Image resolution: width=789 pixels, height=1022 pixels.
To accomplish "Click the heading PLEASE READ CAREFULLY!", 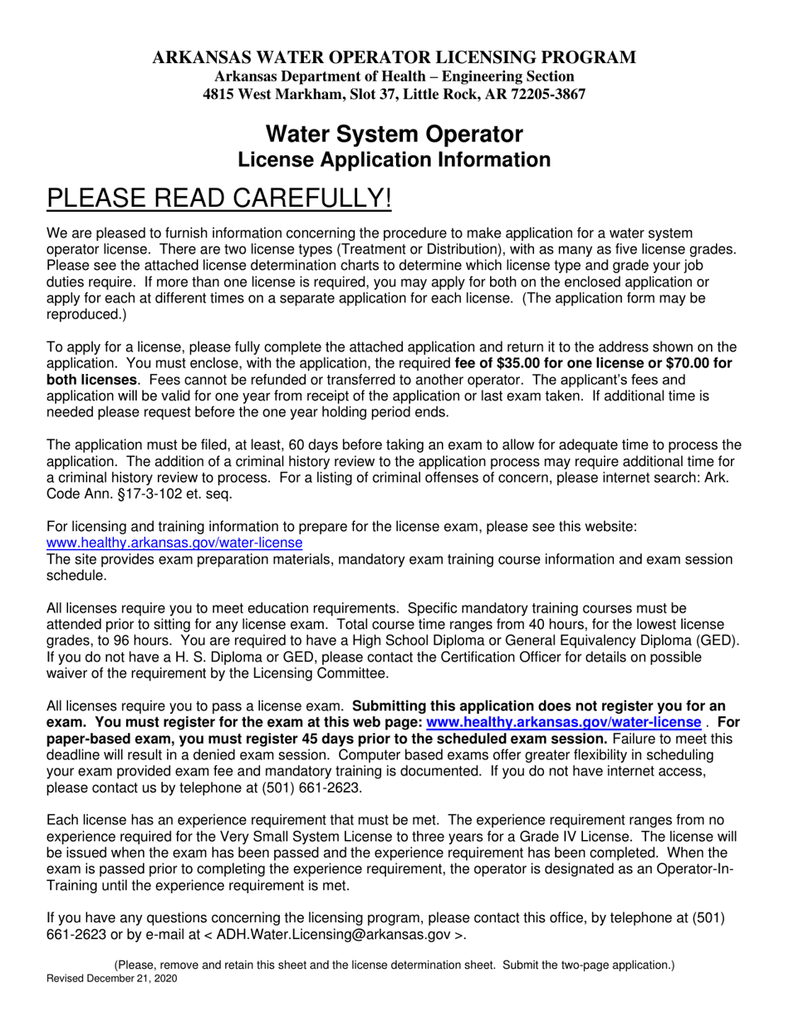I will (x=218, y=199).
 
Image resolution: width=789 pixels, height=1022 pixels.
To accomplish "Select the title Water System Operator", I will (x=394, y=134).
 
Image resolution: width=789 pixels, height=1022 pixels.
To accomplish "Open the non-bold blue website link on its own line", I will (x=174, y=543).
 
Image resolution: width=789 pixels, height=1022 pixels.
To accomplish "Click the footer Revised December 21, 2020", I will (x=111, y=979).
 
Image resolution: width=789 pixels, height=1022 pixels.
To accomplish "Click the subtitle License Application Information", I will (x=394, y=160).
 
